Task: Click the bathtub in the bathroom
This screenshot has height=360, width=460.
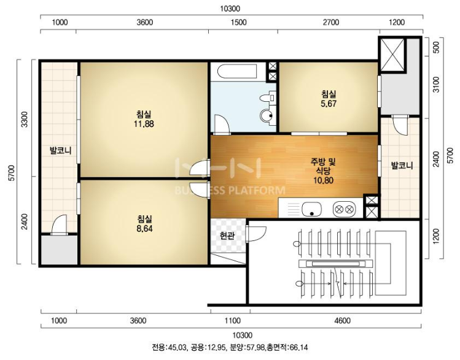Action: (x=237, y=71)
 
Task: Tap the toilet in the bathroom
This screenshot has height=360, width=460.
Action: (x=268, y=98)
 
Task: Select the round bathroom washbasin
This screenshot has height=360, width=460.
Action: (x=267, y=116)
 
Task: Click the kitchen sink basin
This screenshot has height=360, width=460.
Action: (x=312, y=209)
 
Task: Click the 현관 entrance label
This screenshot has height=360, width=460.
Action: (x=227, y=236)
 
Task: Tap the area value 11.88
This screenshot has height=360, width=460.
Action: (x=144, y=124)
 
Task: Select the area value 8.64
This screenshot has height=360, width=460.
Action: (x=144, y=229)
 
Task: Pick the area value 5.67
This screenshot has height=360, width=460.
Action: (x=329, y=104)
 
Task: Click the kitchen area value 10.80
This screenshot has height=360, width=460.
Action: (x=323, y=180)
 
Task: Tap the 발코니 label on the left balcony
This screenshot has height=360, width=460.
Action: (x=61, y=151)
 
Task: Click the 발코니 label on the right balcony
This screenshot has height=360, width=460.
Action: (x=402, y=166)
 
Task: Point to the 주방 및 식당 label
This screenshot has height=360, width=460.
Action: (x=323, y=166)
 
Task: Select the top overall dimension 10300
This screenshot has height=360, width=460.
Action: (x=230, y=9)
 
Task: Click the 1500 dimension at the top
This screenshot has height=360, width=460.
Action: (x=239, y=22)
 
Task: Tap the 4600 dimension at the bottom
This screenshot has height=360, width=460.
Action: (x=342, y=321)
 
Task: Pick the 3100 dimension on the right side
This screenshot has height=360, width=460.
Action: (x=437, y=85)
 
